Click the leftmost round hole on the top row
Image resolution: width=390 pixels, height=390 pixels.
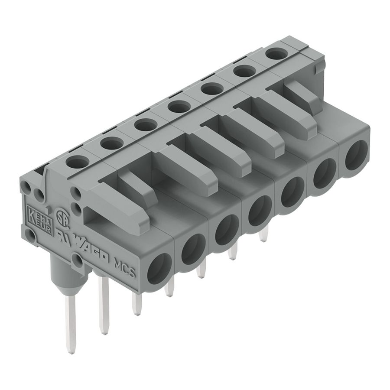click(78, 162)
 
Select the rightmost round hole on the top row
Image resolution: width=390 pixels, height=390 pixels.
click(277, 54)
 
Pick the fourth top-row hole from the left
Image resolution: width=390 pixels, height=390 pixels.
click(179, 106)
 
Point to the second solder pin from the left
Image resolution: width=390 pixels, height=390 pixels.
click(104, 305)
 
